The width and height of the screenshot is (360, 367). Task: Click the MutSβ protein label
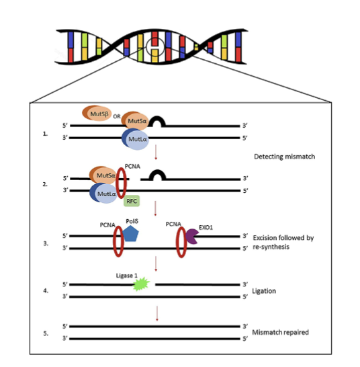tap(99, 114)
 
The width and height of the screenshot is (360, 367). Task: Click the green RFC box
tap(132, 201)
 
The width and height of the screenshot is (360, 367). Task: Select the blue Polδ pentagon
tap(130, 234)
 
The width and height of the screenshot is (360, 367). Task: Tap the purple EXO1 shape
tap(192, 237)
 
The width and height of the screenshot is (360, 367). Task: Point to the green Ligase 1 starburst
tap(141, 284)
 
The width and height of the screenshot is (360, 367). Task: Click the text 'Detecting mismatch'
tap(285, 157)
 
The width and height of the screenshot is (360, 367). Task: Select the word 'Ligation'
tap(264, 291)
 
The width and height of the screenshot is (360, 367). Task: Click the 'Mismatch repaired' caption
tap(280, 332)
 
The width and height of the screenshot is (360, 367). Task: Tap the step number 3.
tap(46, 243)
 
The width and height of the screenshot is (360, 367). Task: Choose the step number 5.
tap(46, 333)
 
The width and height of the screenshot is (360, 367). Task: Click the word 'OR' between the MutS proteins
tap(117, 116)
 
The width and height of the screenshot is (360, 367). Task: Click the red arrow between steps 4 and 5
tap(157, 313)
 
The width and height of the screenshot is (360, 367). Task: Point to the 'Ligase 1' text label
tap(126, 276)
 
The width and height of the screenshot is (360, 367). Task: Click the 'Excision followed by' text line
tap(283, 238)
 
